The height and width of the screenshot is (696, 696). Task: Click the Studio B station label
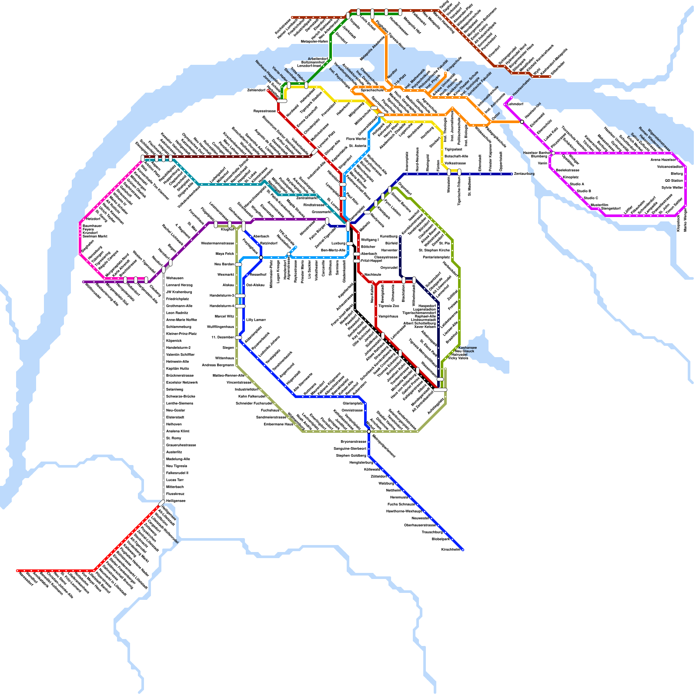pyautogui.click(x=584, y=191)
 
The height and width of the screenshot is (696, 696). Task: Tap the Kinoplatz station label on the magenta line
pyautogui.click(x=571, y=177)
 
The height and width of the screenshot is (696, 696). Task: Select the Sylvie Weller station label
pyautogui.click(x=672, y=187)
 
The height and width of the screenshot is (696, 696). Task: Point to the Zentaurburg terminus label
pyautogui.click(x=524, y=174)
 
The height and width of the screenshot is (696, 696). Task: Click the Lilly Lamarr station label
pyautogui.click(x=256, y=320)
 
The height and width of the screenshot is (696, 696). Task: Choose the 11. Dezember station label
pyautogui.click(x=223, y=337)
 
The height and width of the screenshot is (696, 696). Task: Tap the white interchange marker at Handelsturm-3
pyautogui.click(x=240, y=295)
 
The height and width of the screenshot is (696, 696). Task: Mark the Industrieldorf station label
pyautogui.click(x=247, y=389)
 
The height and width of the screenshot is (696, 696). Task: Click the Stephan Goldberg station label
pyautogui.click(x=348, y=455)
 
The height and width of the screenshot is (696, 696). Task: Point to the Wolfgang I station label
pyautogui.click(x=370, y=240)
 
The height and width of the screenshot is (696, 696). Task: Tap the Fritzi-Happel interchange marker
pyautogui.click(x=357, y=261)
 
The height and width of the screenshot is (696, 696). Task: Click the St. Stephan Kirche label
pyautogui.click(x=434, y=250)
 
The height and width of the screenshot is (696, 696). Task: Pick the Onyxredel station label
pyautogui.click(x=389, y=268)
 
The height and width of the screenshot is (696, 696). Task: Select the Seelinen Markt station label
pyautogui.click(x=95, y=236)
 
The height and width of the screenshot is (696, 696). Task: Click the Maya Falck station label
pyautogui.click(x=225, y=254)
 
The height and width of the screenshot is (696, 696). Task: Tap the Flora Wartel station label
pyautogui.click(x=356, y=139)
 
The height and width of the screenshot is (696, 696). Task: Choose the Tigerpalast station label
pyautogui.click(x=453, y=149)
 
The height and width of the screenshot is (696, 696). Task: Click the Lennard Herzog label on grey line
pyautogui.click(x=179, y=285)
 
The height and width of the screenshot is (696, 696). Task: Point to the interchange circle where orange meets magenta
pyautogui.click(x=522, y=121)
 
